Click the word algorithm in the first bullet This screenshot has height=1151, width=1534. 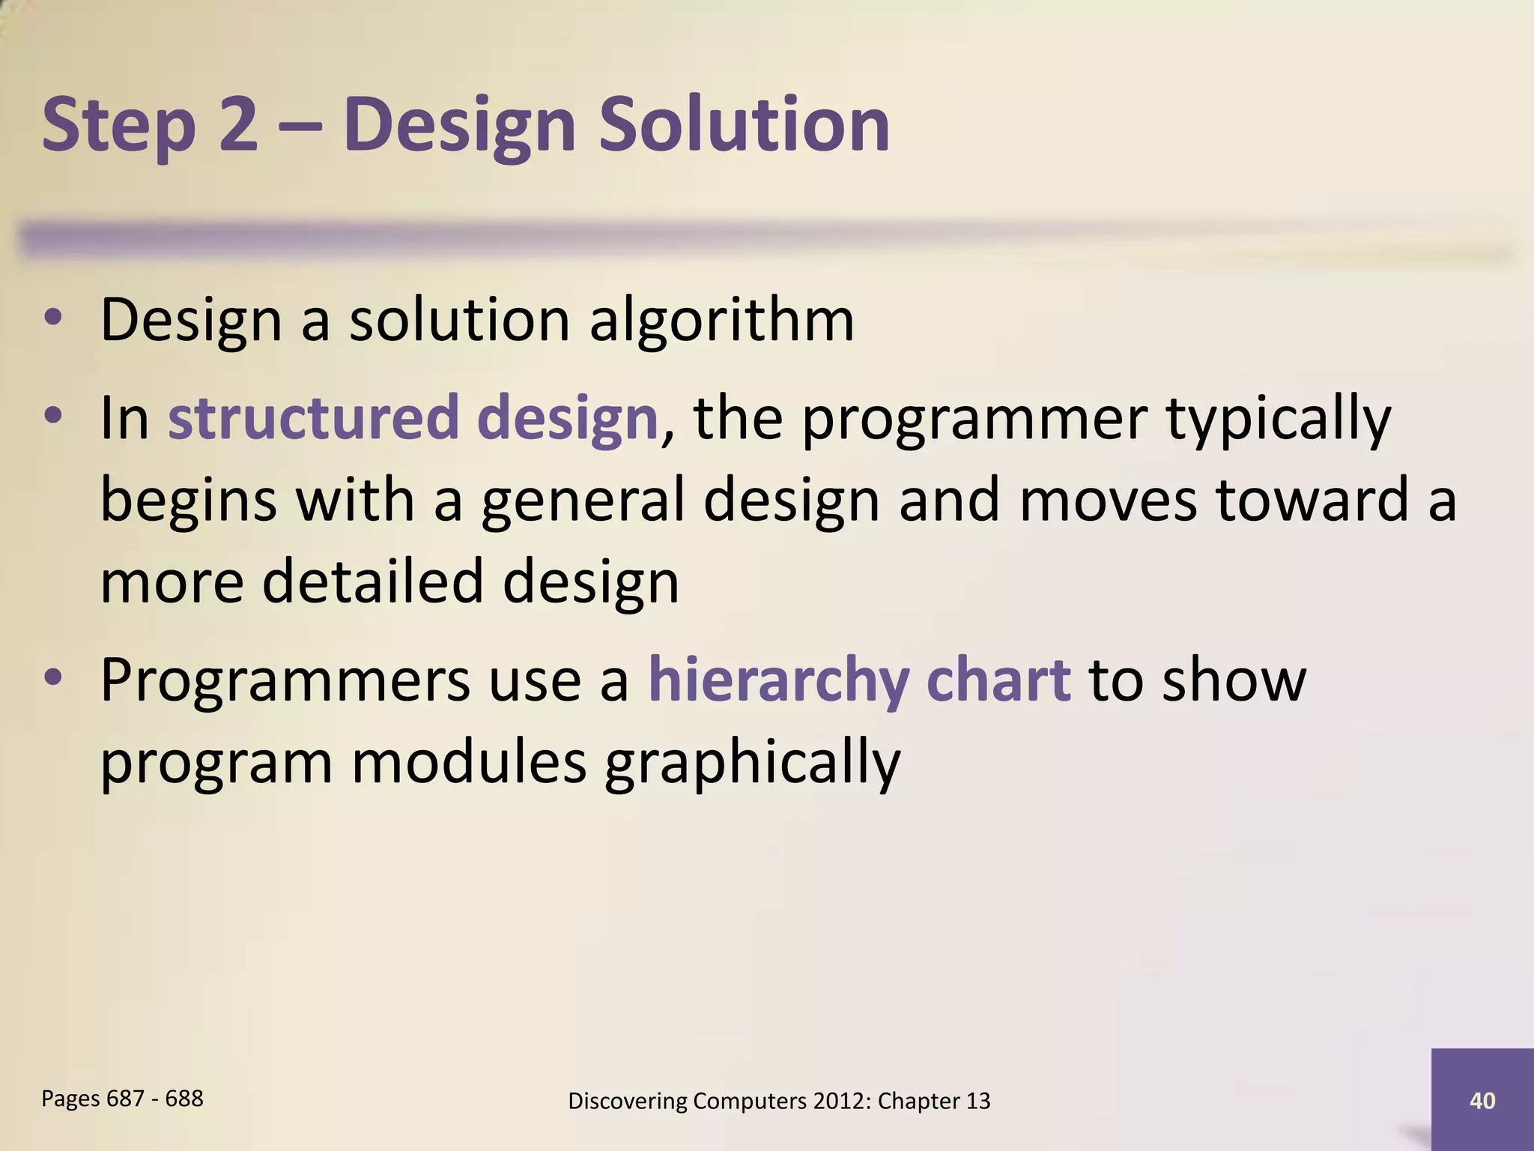coord(721,321)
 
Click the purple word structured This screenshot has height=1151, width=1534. coord(313,417)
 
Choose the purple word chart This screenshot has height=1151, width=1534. coord(998,679)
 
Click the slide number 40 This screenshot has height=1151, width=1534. coord(1482,1100)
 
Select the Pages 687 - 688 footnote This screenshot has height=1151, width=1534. coord(122,1099)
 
